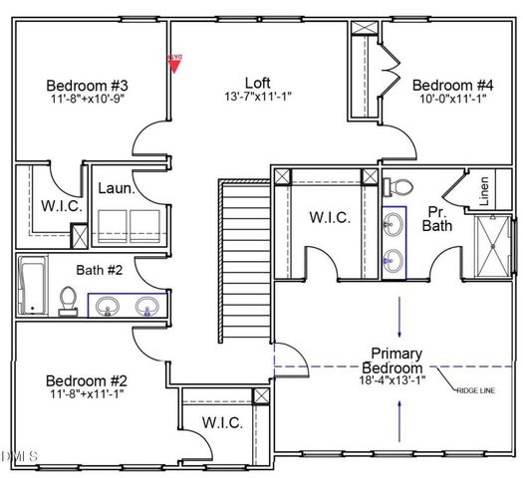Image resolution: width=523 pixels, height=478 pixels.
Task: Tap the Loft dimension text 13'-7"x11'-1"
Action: point(258,98)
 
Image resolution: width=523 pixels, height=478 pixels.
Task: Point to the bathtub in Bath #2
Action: point(31,286)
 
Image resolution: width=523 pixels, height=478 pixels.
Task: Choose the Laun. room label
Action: point(116,188)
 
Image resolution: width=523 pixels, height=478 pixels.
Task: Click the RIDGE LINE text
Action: point(474,391)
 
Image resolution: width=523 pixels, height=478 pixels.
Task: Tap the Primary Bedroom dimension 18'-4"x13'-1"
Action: point(398,378)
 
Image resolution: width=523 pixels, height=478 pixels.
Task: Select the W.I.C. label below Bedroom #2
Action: point(223,422)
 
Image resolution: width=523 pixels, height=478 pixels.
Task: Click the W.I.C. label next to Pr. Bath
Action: point(330,217)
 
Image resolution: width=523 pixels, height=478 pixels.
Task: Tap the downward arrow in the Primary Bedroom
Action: point(399,319)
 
